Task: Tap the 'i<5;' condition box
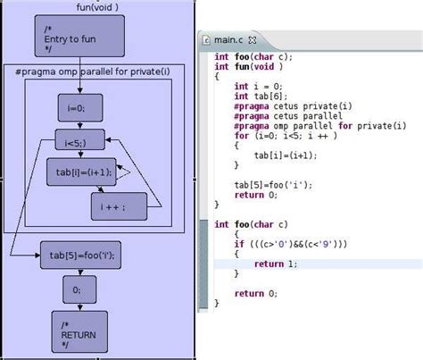pos(79,140)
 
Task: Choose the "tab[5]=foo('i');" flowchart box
pos(81,255)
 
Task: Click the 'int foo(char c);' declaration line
pos(253,56)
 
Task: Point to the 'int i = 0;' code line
pos(257,86)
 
